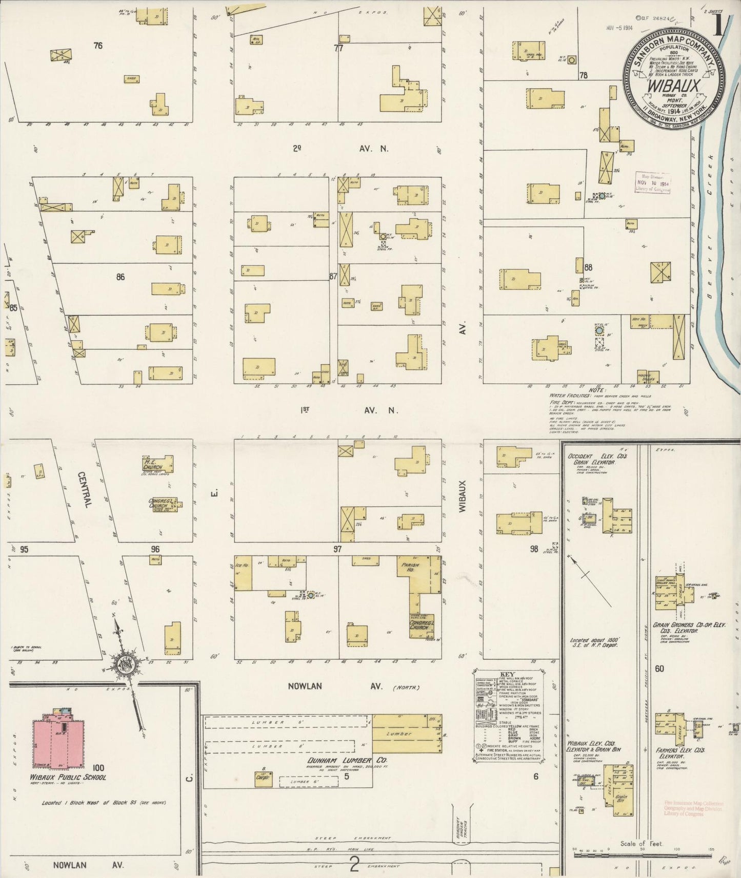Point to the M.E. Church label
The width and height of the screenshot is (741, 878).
[153, 464]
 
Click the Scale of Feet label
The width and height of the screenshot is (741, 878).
[641, 844]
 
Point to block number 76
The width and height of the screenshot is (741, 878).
[98, 46]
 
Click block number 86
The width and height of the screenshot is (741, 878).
[121, 277]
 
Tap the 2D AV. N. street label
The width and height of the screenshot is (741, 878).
[341, 149]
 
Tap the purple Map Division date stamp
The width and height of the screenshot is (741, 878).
[653, 182]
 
